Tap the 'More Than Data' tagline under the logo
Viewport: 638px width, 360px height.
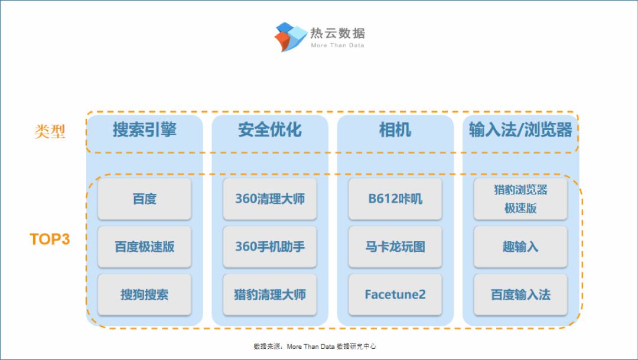(337, 46)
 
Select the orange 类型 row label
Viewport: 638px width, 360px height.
(50, 131)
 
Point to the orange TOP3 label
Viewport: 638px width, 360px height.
(50, 239)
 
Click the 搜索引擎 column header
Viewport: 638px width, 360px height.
(145, 130)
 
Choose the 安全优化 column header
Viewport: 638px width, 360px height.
(270, 130)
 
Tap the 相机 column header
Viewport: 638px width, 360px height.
(395, 130)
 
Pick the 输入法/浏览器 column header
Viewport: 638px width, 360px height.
(520, 130)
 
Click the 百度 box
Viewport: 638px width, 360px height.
(145, 199)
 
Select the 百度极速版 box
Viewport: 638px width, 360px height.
(145, 247)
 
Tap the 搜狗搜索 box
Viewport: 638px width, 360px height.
(145, 294)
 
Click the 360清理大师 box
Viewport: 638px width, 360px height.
(270, 199)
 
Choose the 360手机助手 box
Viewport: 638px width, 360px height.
(270, 247)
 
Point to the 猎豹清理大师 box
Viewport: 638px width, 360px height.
(270, 294)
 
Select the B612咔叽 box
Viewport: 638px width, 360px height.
(395, 199)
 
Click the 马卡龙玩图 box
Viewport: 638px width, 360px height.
(395, 247)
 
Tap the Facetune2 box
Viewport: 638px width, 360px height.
(395, 294)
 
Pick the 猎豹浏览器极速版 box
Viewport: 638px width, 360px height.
(520, 199)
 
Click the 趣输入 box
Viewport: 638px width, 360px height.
(520, 247)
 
